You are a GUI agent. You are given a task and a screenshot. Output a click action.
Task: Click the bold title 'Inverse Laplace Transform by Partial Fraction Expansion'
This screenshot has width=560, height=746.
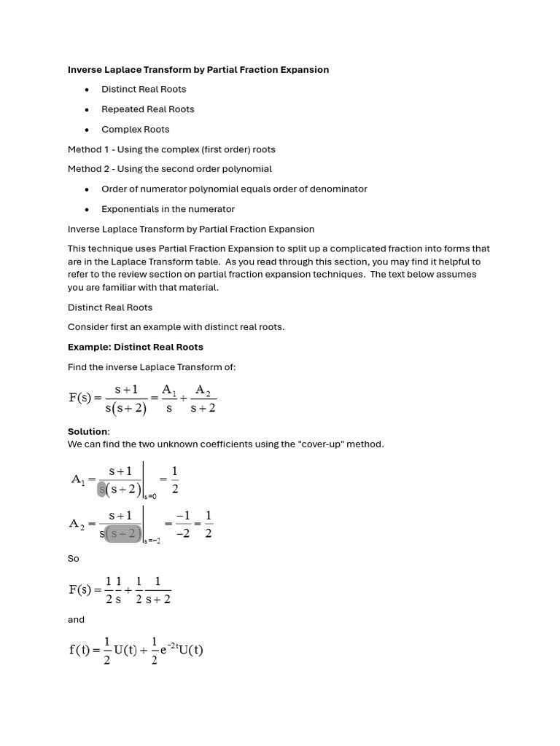coord(198,70)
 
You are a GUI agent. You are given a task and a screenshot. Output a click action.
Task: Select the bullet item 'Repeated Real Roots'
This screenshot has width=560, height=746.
coord(147,109)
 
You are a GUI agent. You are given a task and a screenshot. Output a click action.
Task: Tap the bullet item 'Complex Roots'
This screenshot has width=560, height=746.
coord(135,130)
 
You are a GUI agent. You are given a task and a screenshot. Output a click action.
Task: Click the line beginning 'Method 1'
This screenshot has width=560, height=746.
coord(171,149)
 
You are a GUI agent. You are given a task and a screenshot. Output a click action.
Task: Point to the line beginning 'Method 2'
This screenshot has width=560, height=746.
coord(169,169)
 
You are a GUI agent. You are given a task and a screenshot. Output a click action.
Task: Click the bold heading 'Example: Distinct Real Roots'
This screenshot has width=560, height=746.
coord(136,347)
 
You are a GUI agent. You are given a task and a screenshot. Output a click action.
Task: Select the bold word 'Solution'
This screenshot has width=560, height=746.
coord(88,432)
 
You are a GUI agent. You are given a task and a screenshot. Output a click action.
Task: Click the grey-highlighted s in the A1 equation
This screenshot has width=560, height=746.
coord(102,489)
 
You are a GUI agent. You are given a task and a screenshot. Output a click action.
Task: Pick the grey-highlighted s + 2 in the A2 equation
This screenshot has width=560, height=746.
coord(123,534)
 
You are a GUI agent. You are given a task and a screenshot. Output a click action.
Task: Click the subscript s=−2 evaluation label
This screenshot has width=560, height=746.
coord(152,541)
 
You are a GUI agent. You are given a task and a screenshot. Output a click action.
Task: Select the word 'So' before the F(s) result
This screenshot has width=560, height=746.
coord(74,559)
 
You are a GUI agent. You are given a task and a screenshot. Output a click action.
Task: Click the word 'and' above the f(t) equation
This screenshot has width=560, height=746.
coord(76,620)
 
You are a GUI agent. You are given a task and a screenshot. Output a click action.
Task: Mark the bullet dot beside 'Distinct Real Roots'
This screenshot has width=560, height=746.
coord(87,90)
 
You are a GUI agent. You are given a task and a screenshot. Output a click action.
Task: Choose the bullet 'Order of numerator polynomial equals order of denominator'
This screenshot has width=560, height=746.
coord(234,189)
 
